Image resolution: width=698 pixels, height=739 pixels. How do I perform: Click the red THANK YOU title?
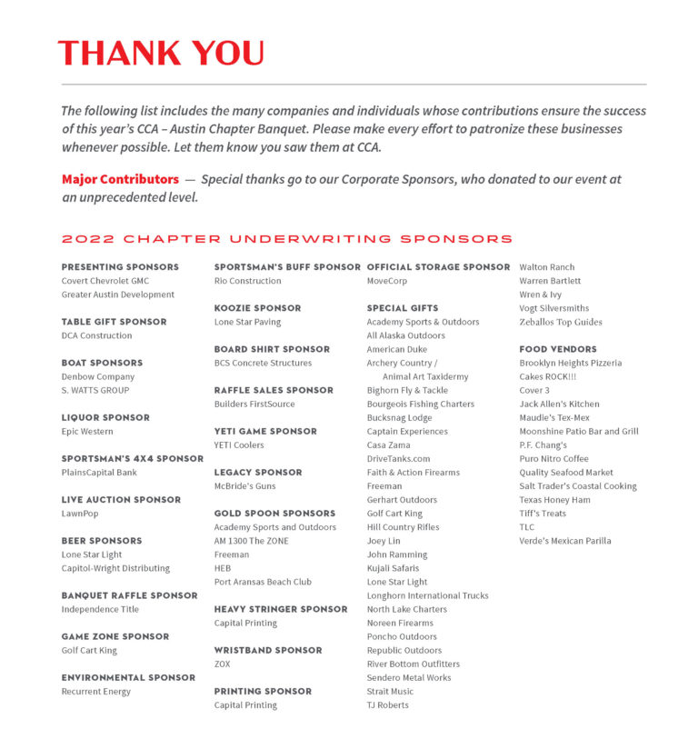[161, 53]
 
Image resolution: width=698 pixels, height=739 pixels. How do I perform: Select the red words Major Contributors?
[120, 180]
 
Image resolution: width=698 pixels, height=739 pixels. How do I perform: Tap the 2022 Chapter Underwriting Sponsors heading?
[287, 239]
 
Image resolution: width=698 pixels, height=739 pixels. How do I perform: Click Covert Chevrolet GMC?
[105, 281]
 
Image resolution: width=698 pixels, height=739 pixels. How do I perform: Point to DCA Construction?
[96, 335]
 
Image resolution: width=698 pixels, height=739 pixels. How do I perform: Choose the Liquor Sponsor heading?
[105, 417]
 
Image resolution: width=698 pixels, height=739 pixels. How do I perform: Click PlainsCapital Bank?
[99, 473]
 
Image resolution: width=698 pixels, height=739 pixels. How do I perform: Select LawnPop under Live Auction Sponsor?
[80, 514]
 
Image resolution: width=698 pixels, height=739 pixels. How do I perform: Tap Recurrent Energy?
[95, 692]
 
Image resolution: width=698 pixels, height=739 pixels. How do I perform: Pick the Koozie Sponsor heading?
[258, 308]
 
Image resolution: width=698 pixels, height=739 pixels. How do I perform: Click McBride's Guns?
[245, 486]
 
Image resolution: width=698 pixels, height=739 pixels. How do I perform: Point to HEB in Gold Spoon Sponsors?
[223, 568]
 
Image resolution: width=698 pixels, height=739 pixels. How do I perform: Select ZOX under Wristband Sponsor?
[223, 664]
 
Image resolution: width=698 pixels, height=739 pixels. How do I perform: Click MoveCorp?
[387, 281]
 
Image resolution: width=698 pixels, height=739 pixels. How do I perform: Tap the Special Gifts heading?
[403, 308]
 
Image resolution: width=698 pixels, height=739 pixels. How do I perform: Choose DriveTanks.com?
[398, 459]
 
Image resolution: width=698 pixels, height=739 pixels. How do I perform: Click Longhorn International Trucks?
[427, 595]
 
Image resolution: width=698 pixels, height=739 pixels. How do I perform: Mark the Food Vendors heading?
[558, 349]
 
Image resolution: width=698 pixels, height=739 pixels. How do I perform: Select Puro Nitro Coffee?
[553, 459]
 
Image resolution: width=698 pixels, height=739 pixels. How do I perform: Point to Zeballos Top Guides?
[561, 322]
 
